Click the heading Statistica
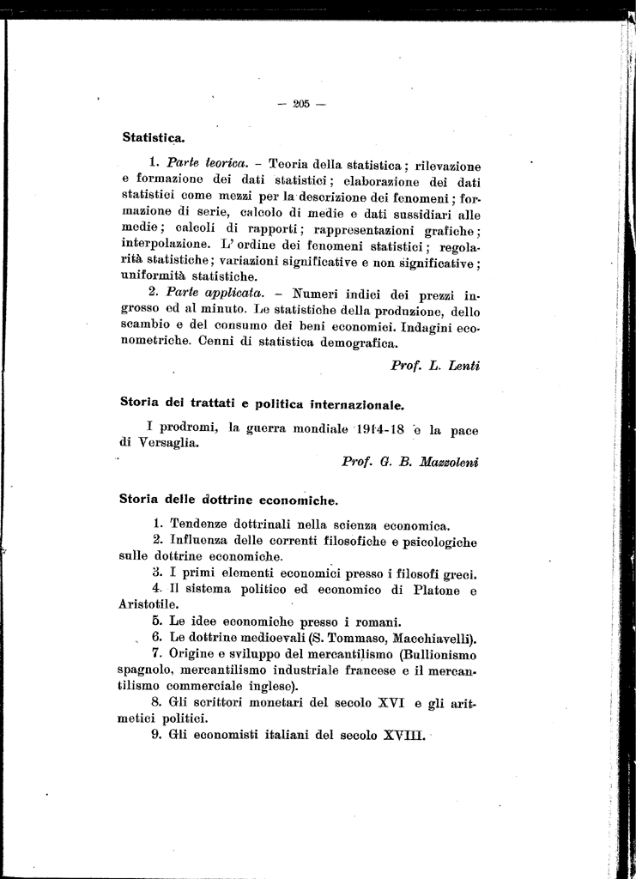pyautogui.click(x=154, y=136)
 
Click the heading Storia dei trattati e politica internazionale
pyautogui.click(x=262, y=403)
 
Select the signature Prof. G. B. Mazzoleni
pyautogui.click(x=409, y=461)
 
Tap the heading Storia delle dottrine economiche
pyautogui.click(x=228, y=499)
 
